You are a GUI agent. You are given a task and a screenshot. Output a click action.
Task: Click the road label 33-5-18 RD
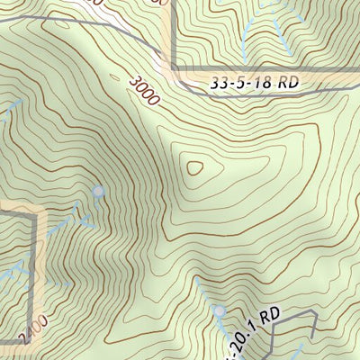[x=253, y=82]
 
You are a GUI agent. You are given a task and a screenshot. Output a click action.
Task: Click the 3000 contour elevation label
[x=143, y=91]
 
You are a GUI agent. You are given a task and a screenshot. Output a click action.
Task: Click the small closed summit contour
[x=194, y=166]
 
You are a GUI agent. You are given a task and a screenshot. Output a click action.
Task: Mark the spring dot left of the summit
[x=98, y=192]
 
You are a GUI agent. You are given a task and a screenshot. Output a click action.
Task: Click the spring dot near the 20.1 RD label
[x=220, y=310]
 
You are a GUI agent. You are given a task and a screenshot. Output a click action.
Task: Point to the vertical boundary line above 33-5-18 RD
[x=171, y=36]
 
